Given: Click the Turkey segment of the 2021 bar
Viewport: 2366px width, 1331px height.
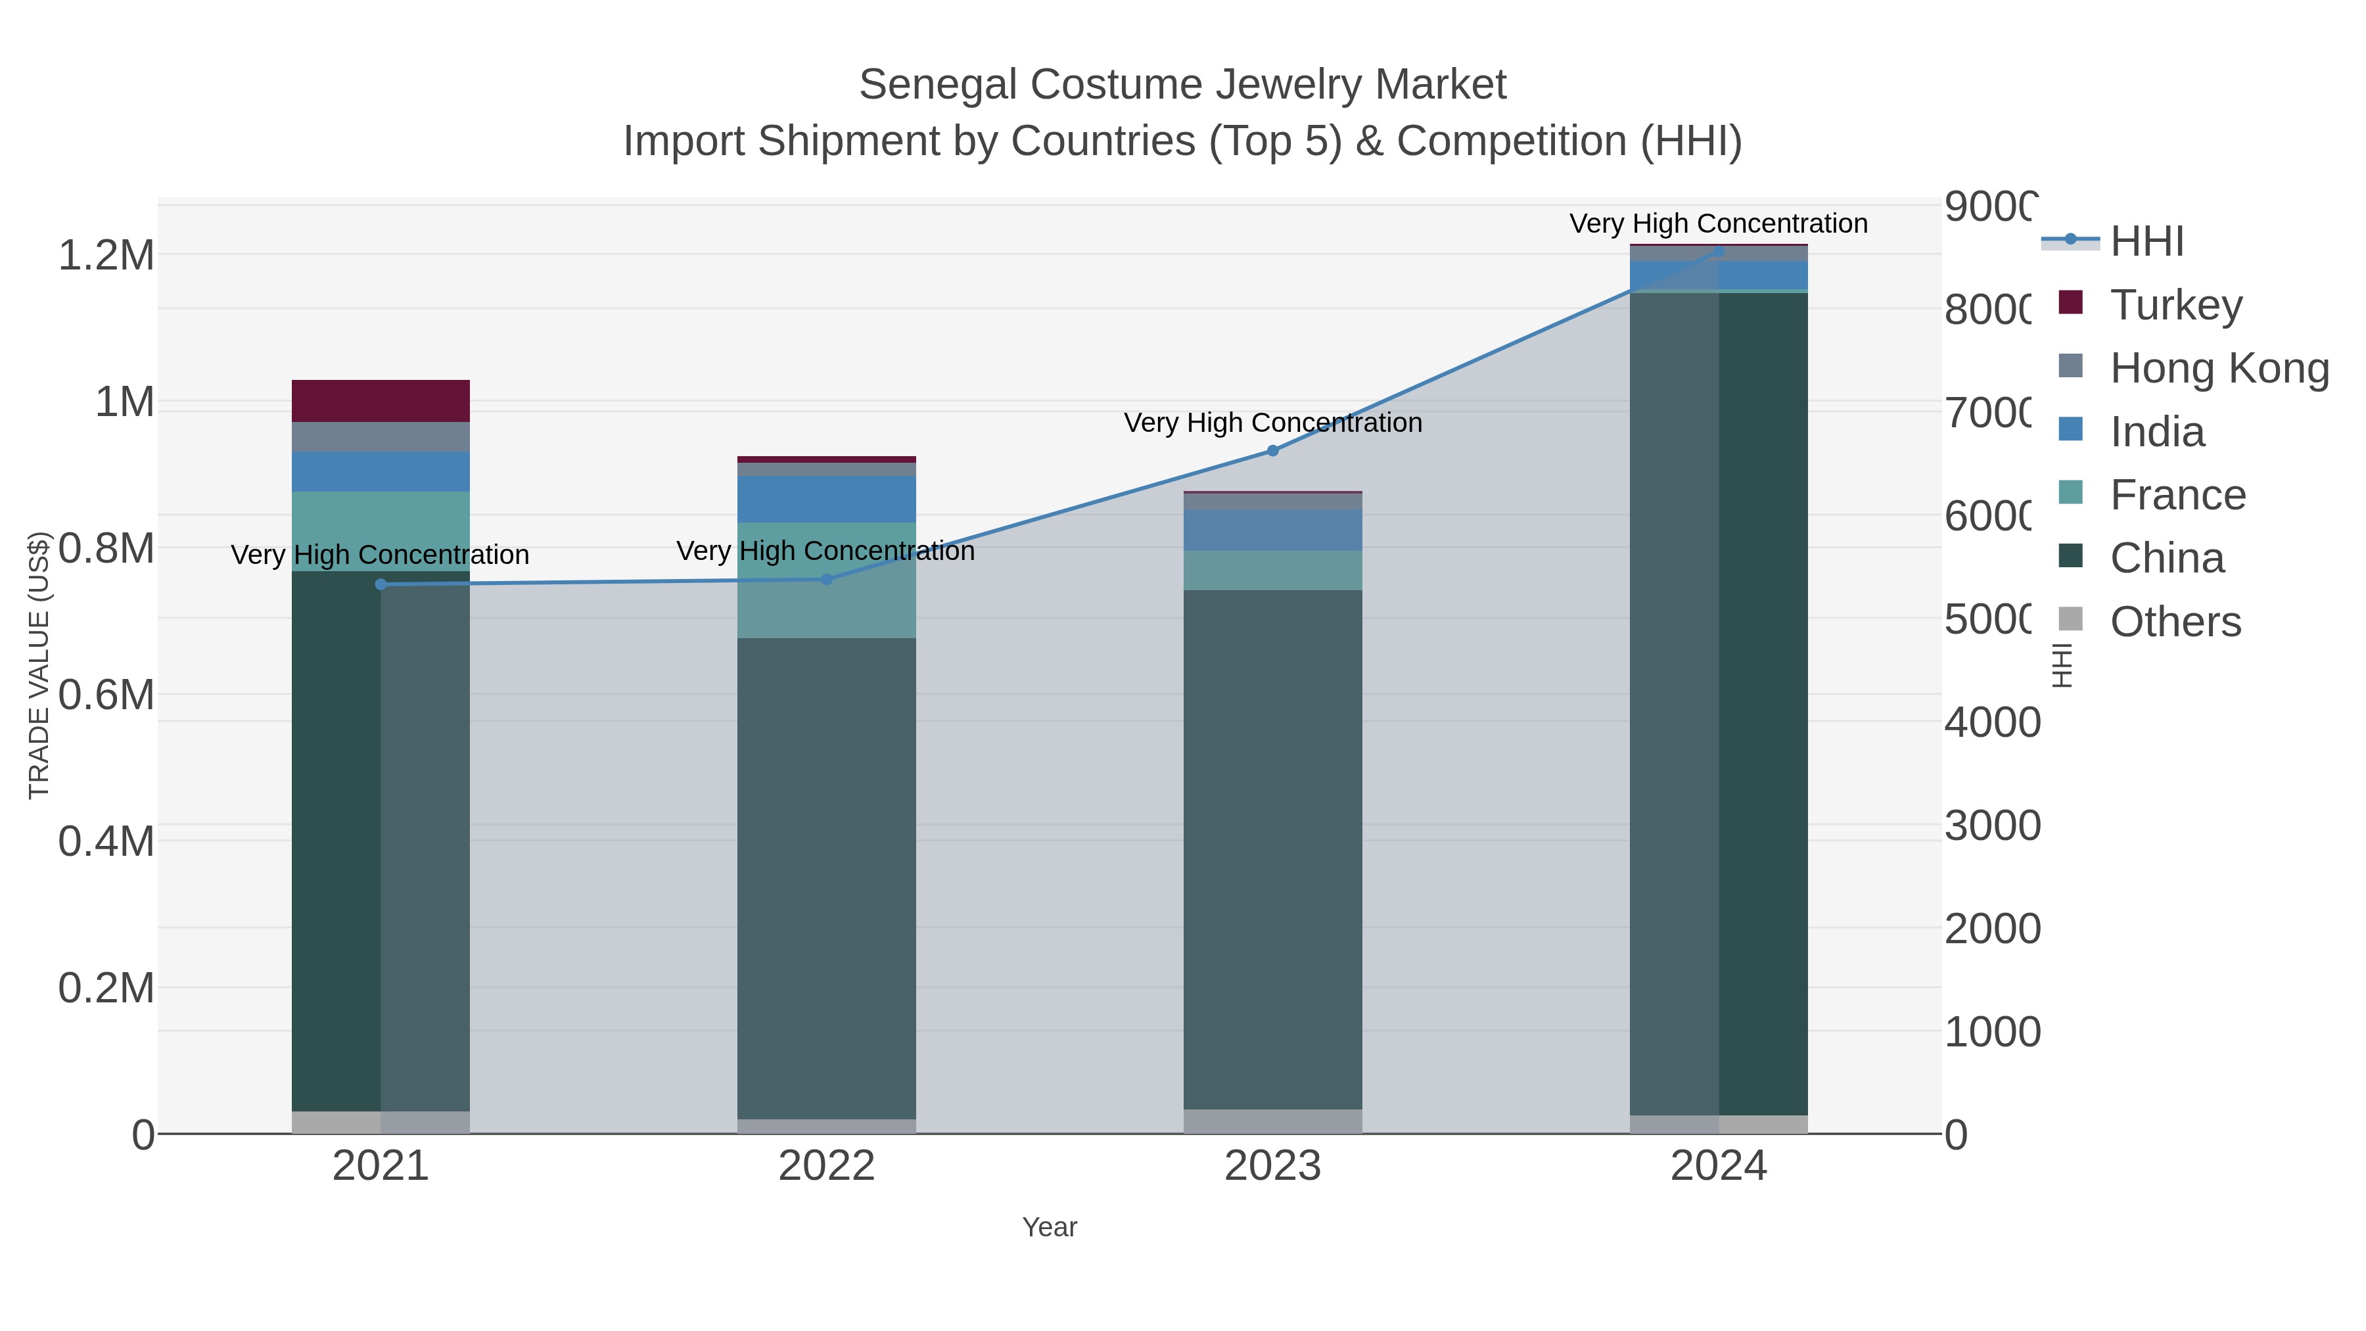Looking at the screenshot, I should coord(381,400).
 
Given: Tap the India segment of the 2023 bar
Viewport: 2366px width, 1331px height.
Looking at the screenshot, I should coord(1272,530).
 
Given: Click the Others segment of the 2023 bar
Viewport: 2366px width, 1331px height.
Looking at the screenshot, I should coord(1272,1121).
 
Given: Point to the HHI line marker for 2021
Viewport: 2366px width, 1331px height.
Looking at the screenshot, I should coord(381,584).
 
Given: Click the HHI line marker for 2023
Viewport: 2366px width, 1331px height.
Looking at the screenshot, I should coord(1272,451).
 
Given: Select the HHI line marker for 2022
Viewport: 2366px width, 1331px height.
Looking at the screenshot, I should coord(825,580).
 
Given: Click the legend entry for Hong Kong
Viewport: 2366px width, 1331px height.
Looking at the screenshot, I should coord(2218,368).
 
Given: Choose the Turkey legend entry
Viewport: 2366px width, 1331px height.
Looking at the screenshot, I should coord(2175,305).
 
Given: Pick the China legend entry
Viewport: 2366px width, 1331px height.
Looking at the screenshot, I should coord(2166,559).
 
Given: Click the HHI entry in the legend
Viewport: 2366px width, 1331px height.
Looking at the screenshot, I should coord(2146,242).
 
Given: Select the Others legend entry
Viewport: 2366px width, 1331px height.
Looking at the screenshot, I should coord(2174,622).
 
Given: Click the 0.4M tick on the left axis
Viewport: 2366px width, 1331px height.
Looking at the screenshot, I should coord(106,841).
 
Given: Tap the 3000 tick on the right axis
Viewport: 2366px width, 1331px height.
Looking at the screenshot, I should coord(1991,826).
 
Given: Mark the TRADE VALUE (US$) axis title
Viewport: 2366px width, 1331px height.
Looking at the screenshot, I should coord(39,665).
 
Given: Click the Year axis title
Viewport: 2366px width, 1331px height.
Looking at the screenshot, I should coord(1049,1227).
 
